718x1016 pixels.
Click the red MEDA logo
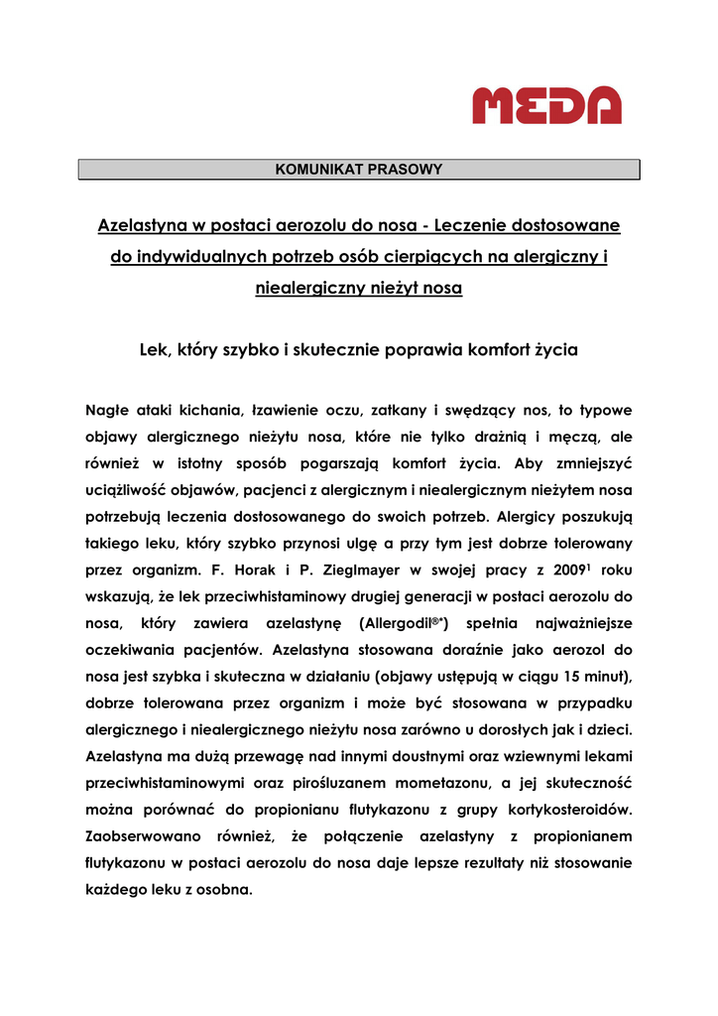(546, 105)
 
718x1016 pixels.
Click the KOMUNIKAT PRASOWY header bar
(359, 170)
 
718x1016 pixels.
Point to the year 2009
(567, 571)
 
